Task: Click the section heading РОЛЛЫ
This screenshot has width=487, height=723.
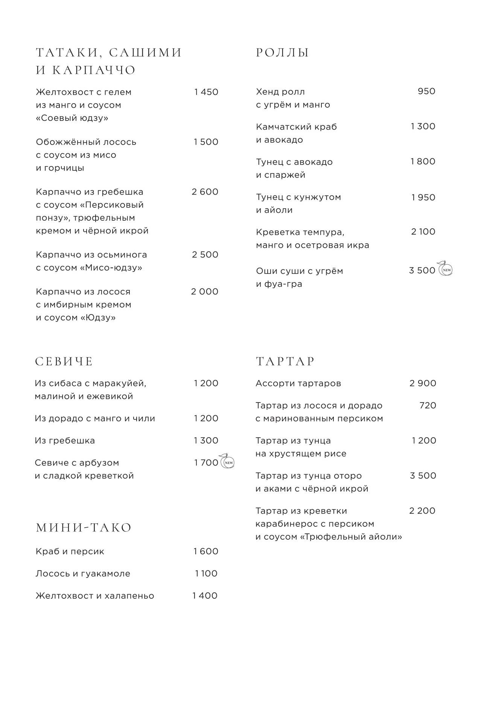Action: coord(282,53)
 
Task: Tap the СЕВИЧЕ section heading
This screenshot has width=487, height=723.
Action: coord(64,361)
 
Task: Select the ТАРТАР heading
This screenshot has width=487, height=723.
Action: coord(285,361)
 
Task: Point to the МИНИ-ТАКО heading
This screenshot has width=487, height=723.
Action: coord(84,528)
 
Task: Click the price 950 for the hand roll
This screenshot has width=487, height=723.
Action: coord(426,92)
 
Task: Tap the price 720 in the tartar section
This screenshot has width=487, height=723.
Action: coord(428,406)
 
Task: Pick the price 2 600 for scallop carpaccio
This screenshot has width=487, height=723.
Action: coord(205,192)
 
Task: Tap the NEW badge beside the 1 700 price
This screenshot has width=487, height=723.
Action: coord(228,462)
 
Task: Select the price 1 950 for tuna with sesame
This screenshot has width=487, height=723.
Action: coord(423,197)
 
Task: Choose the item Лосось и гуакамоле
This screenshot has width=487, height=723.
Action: coord(83,574)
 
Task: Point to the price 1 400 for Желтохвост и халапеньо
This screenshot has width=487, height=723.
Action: coord(205,596)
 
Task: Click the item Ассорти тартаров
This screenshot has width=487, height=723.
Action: coord(298,384)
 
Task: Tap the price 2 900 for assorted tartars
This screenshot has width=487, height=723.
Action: coord(423,383)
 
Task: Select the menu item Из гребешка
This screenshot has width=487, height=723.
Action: coord(65,441)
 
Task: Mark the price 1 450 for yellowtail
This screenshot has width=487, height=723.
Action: coord(206,92)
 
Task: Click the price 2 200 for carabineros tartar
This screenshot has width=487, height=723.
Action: coord(422,511)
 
